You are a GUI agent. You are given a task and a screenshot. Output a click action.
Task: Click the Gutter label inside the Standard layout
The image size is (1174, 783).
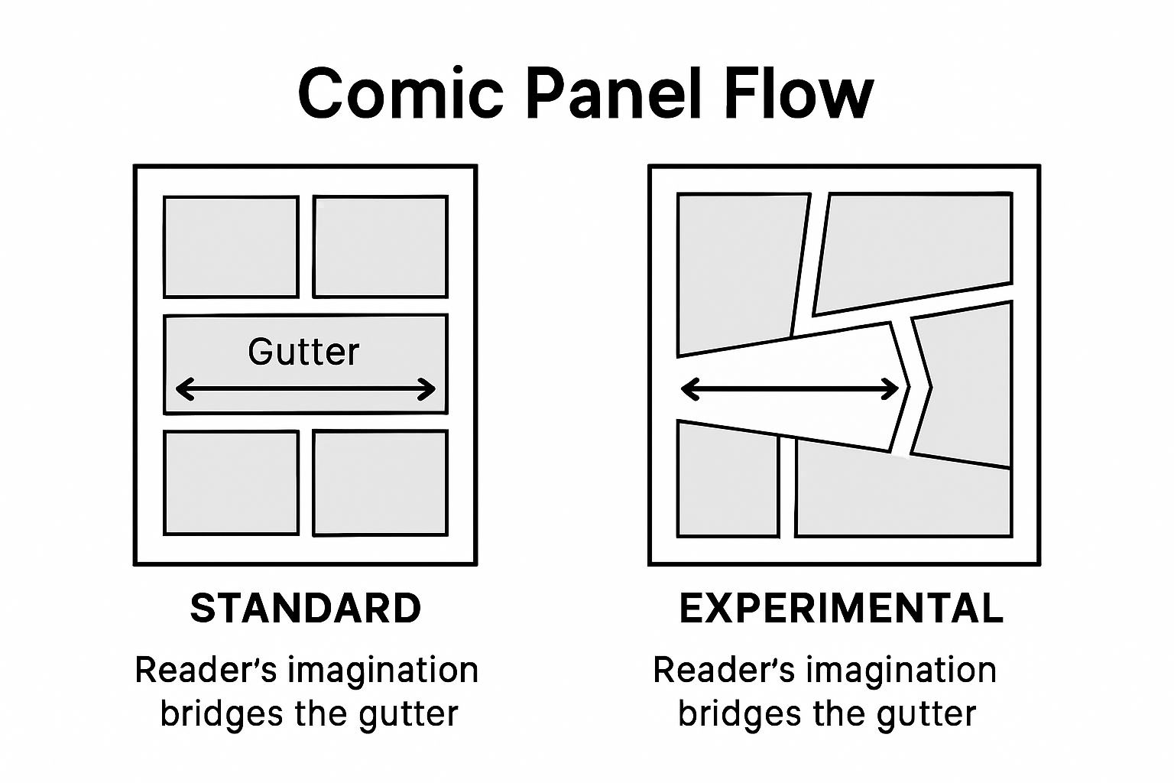click(x=303, y=352)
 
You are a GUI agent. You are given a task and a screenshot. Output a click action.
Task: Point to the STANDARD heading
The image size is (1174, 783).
click(x=306, y=609)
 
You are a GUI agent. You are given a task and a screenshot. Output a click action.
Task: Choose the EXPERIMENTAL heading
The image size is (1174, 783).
click(x=842, y=609)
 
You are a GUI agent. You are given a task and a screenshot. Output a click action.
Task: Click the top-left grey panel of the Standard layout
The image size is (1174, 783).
click(x=231, y=246)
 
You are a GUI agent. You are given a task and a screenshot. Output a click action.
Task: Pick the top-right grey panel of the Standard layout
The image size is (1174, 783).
click(x=381, y=246)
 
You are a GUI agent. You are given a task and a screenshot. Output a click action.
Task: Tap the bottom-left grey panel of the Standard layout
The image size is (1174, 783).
click(x=231, y=482)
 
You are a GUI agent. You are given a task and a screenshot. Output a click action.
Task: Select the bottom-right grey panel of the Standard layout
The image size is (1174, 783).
click(x=381, y=482)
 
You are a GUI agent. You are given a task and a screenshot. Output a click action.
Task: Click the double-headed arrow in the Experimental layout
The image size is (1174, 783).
click(x=790, y=389)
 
